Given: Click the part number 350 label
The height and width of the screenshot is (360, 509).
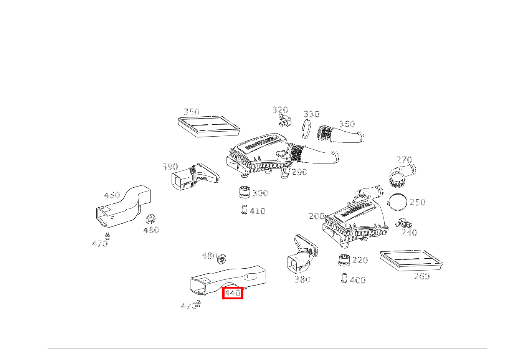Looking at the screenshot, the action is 192,112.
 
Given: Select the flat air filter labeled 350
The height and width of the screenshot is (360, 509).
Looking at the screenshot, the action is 209,127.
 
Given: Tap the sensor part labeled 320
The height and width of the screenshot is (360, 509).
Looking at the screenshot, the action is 285,121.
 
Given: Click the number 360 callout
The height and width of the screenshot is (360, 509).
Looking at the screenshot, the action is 347,124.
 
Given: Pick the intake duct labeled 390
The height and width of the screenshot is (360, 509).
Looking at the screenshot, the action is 195,177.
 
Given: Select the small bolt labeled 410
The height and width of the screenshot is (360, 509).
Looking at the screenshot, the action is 244,210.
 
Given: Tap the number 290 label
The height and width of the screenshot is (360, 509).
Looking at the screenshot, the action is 299,172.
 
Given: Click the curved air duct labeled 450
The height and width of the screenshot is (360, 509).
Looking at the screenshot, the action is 123,206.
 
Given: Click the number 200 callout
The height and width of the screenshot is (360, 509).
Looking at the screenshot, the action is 317,216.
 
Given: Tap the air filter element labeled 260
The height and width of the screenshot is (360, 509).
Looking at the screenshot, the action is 411,260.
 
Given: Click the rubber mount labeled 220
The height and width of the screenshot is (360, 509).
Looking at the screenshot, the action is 344,260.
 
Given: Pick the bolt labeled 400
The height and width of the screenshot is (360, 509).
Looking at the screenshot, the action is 344,279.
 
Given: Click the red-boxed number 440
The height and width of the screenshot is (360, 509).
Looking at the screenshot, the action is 233,293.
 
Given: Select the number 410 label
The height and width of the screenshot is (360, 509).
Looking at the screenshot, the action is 258,211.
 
